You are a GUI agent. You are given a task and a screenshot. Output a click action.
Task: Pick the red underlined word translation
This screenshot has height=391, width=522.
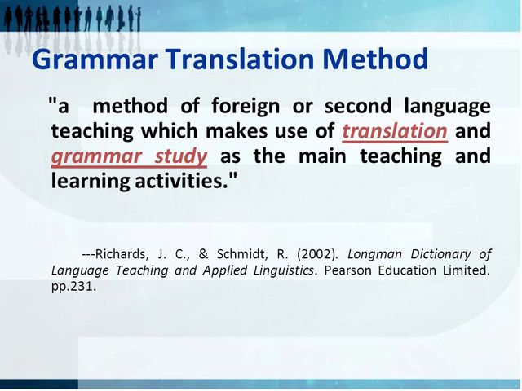pos(395,131)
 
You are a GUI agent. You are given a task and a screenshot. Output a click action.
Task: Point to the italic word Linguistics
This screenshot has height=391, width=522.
pos(280,270)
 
